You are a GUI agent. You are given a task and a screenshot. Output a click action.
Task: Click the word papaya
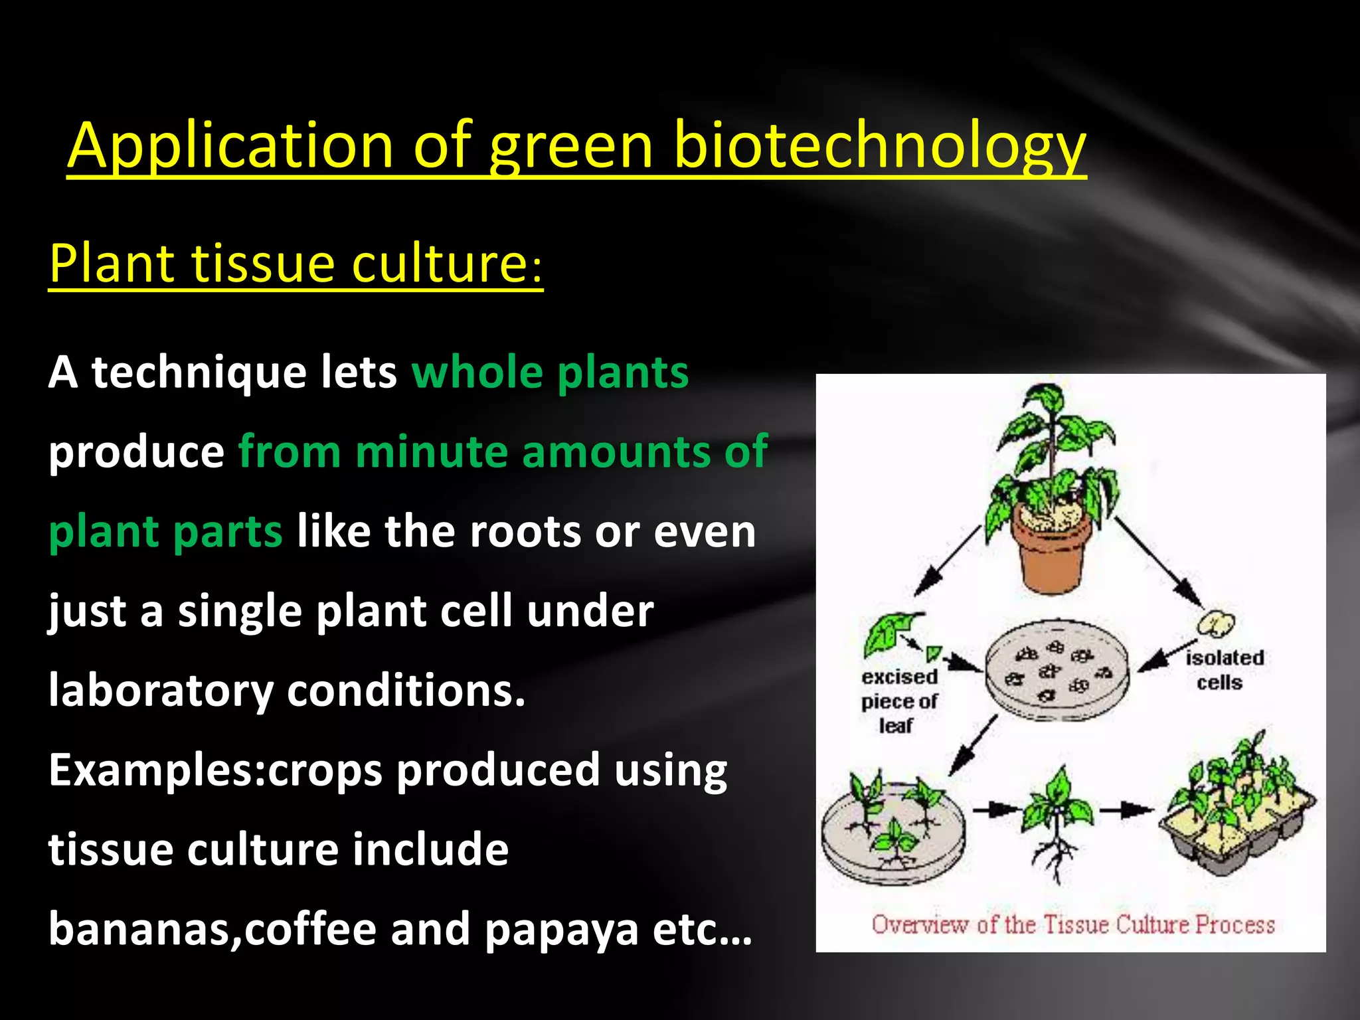(x=561, y=929)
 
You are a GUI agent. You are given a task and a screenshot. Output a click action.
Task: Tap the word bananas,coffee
(x=212, y=929)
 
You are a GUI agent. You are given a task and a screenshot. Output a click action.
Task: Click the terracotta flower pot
(x=1052, y=554)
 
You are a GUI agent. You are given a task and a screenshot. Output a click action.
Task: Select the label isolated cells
(x=1223, y=669)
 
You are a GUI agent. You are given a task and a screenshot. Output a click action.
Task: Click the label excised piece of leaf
(x=899, y=701)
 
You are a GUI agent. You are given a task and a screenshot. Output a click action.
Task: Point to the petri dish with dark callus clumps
(x=1056, y=671)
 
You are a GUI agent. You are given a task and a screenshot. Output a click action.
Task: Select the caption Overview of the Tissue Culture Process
(x=1072, y=925)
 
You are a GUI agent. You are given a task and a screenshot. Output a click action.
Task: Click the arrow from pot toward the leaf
(x=946, y=561)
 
